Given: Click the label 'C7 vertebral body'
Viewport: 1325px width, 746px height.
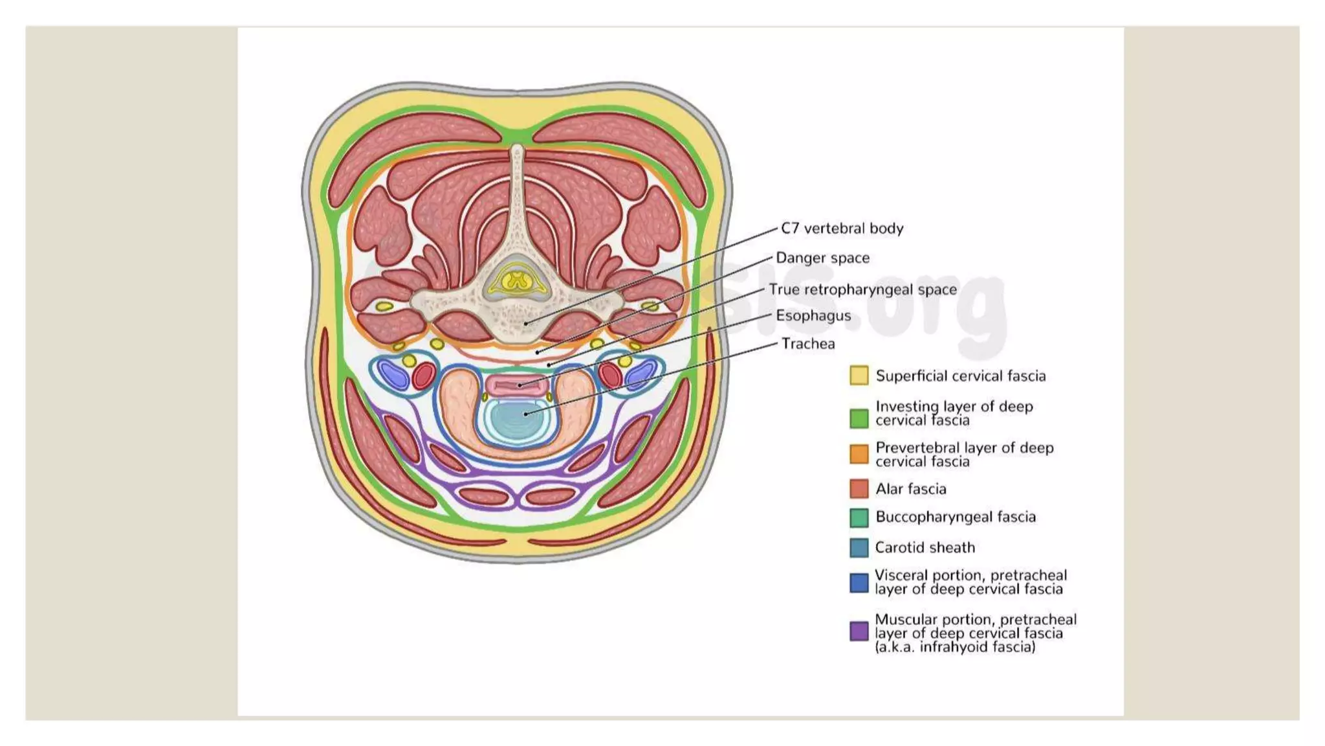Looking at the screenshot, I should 842,229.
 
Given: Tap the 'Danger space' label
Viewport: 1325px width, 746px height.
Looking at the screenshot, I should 822,258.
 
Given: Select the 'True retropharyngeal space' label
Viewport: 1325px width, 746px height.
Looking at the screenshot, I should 862,289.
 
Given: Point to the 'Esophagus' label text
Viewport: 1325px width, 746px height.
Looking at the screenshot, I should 813,316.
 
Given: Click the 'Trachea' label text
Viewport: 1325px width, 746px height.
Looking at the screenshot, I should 808,344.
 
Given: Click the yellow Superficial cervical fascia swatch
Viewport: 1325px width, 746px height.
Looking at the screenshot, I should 859,376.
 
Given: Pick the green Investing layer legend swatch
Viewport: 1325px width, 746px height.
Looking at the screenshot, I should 859,418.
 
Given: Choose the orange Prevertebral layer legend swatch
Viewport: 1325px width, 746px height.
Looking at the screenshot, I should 859,454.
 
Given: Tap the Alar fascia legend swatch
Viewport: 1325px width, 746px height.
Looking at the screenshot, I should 859,489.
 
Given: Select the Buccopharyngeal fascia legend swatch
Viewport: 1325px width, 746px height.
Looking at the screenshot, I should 859,517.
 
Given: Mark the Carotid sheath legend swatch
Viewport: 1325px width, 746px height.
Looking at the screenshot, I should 859,548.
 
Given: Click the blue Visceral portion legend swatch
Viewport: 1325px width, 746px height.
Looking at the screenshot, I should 859,583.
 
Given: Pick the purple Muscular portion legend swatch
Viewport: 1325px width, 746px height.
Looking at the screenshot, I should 859,631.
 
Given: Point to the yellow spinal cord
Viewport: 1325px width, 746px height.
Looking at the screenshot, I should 516,282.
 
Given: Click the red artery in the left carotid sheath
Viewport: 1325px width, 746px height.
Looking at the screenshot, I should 424,376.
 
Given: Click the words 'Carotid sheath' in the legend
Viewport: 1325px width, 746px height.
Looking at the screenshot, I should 925,548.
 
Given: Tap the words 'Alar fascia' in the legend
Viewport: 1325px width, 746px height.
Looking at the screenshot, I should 910,490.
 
